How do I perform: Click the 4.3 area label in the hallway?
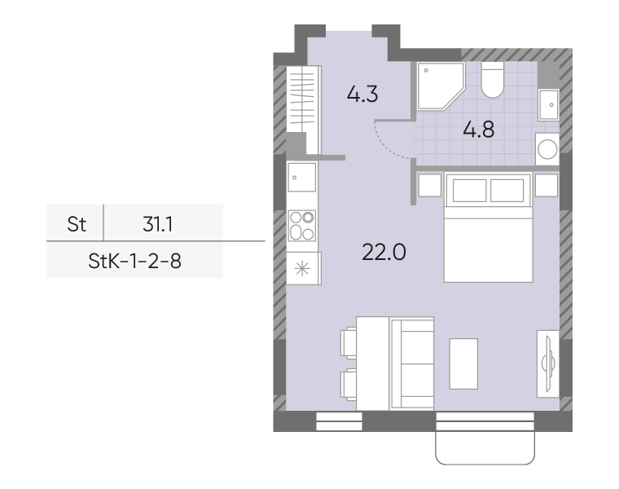pos(362,95)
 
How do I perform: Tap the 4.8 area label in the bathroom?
pos(478,130)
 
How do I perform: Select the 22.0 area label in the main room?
pos(384,252)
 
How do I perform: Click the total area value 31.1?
pos(157,224)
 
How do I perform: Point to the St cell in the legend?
pos(77,224)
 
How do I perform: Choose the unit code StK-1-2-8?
pos(134,261)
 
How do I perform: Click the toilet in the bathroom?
pos(492,80)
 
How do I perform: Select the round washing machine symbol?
pos(547,149)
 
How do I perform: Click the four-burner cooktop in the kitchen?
pos(302,226)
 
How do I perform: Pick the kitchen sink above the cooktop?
pos(302,178)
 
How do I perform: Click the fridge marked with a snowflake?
pos(303,269)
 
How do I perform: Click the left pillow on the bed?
pos(469,191)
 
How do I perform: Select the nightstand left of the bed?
pos(429,185)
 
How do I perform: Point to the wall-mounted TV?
pos(548,363)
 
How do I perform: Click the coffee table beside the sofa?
pos(463,363)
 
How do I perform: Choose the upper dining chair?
pos(349,343)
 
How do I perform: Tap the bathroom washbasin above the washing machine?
pos(549,104)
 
